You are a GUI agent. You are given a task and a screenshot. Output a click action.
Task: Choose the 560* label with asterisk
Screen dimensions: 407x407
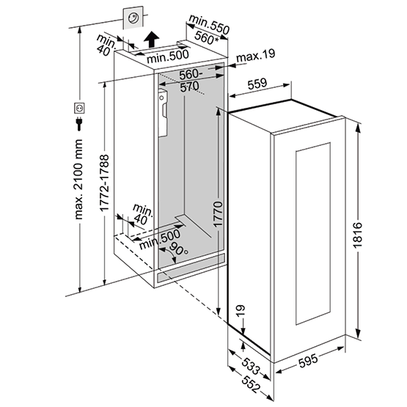tap(208, 40)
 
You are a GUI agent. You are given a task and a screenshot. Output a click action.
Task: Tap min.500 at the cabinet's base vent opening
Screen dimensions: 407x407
tap(160, 235)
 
